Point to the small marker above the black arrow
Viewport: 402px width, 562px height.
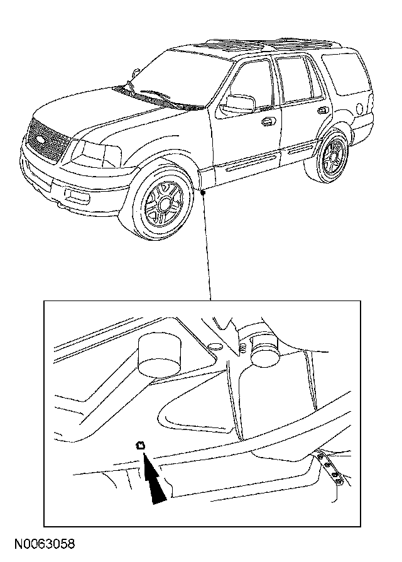(141, 445)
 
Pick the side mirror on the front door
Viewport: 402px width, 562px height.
(240, 104)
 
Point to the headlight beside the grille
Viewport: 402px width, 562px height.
(95, 152)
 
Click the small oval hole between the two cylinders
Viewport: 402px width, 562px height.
(215, 346)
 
